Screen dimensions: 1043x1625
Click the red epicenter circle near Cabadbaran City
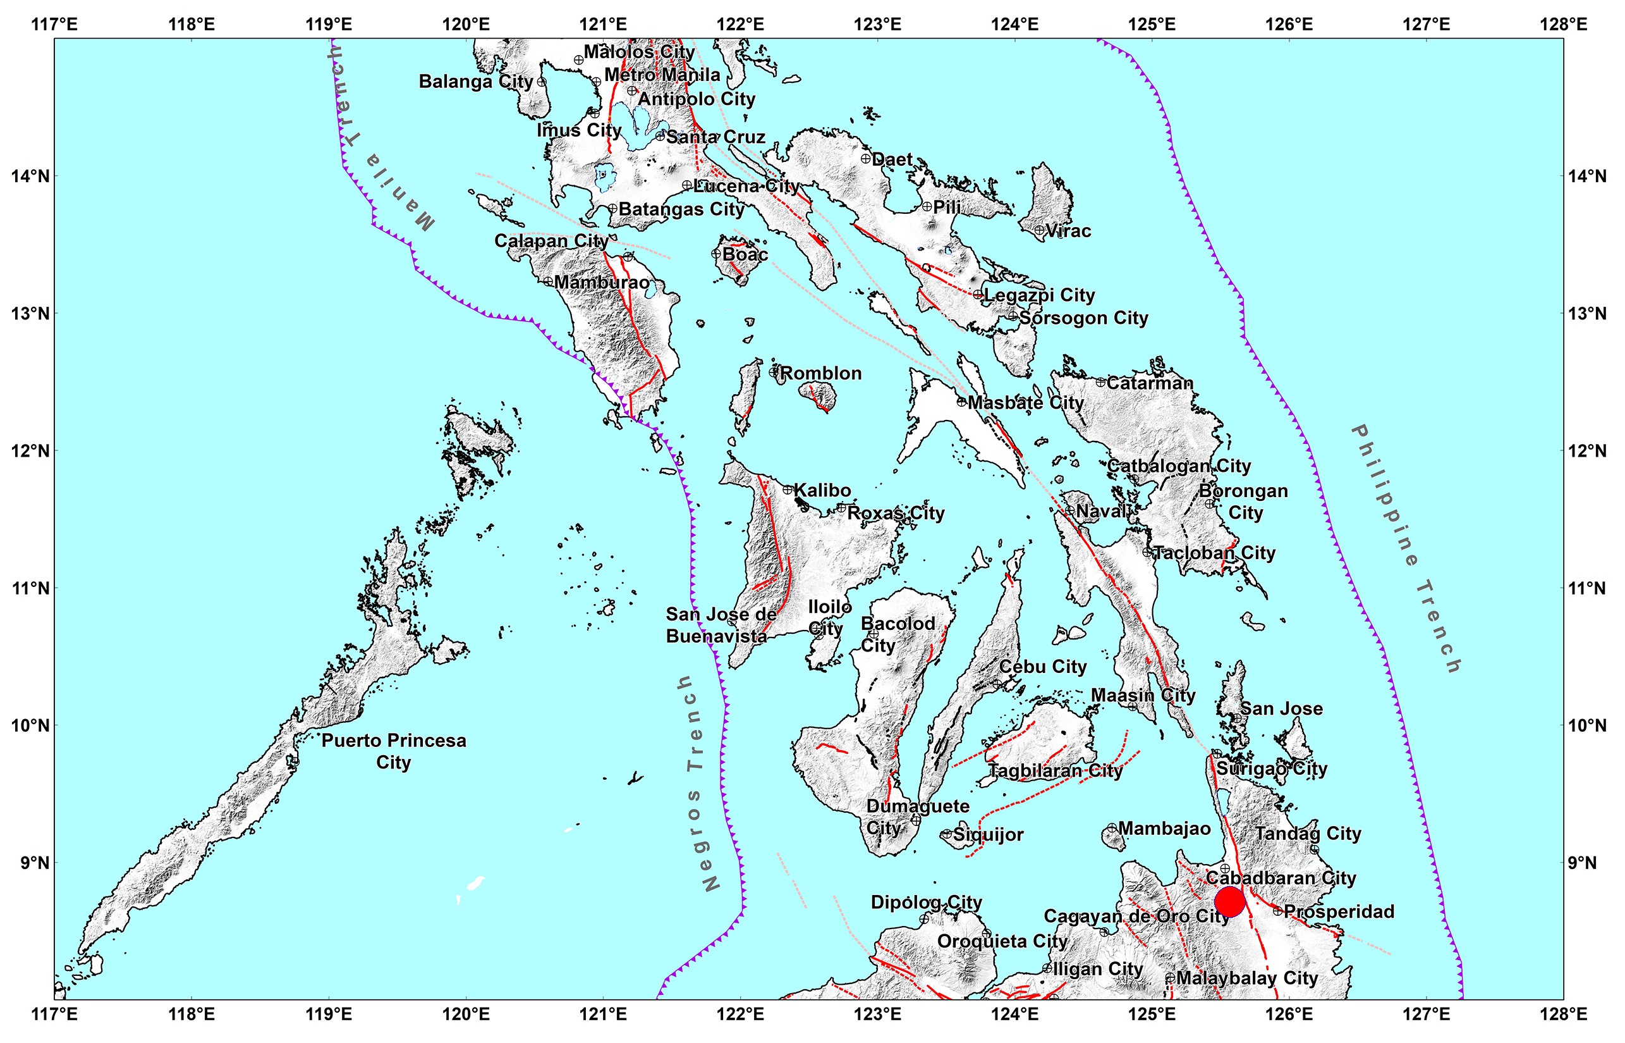[x=1230, y=901]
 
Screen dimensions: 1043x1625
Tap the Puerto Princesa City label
[x=393, y=751]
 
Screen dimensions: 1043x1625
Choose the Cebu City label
[x=1042, y=667]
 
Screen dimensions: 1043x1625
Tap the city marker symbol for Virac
[x=1040, y=230]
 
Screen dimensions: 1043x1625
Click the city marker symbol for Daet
[x=866, y=159]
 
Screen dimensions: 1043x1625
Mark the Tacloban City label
[x=1214, y=553]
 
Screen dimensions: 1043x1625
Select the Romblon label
[x=820, y=373]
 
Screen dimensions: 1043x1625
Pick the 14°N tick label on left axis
[x=30, y=176]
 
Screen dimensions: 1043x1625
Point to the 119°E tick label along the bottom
[x=329, y=1014]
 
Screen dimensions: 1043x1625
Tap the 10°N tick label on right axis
[x=1587, y=725]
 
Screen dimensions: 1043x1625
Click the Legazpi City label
[x=1039, y=295]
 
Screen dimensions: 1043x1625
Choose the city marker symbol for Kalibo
[x=788, y=490]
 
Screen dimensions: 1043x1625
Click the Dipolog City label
[x=926, y=902]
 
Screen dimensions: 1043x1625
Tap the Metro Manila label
[x=662, y=75]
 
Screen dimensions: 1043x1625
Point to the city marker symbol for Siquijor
[x=946, y=834]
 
